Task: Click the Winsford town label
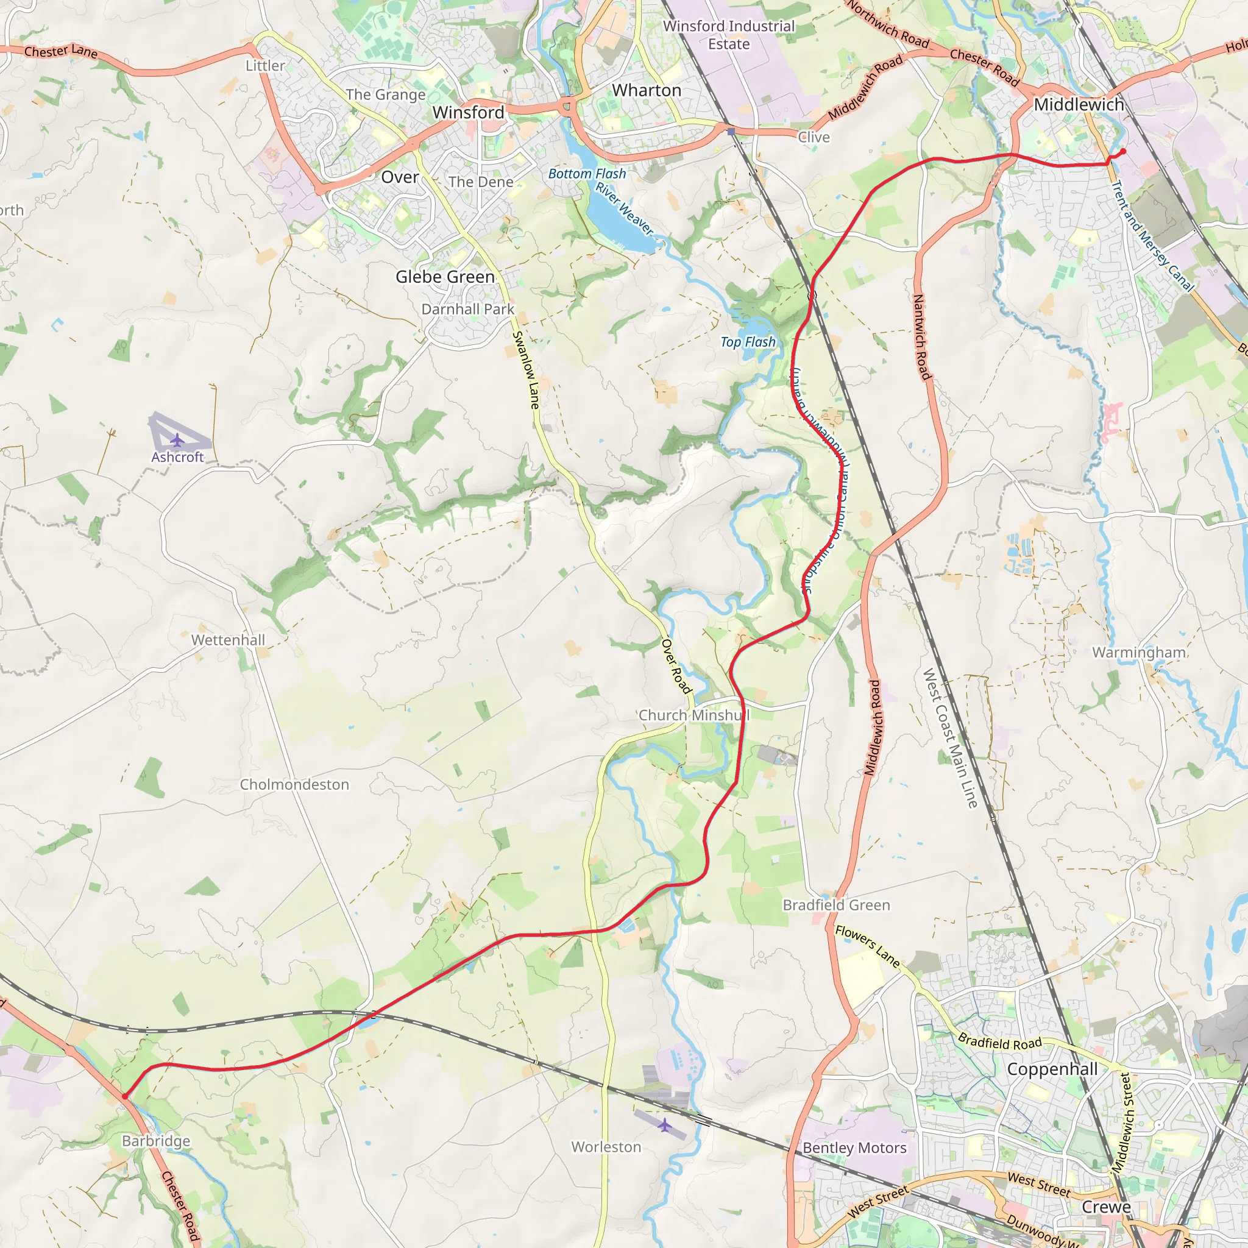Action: coord(469,112)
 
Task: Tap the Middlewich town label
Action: coord(1079,105)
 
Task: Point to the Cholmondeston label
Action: coord(294,784)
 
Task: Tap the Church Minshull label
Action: coord(693,715)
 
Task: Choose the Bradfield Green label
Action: coord(836,905)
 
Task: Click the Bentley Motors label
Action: coord(854,1148)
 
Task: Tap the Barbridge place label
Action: coord(157,1141)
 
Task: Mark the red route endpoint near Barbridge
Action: coord(125,1096)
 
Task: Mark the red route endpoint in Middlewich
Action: coord(1123,151)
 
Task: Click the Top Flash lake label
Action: coord(748,342)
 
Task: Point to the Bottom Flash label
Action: coord(587,174)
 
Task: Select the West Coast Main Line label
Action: coord(949,739)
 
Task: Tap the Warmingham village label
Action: coord(1139,653)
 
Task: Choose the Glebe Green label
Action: coord(445,277)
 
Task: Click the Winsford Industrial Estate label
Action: coord(729,35)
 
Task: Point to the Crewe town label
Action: coord(1107,1207)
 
